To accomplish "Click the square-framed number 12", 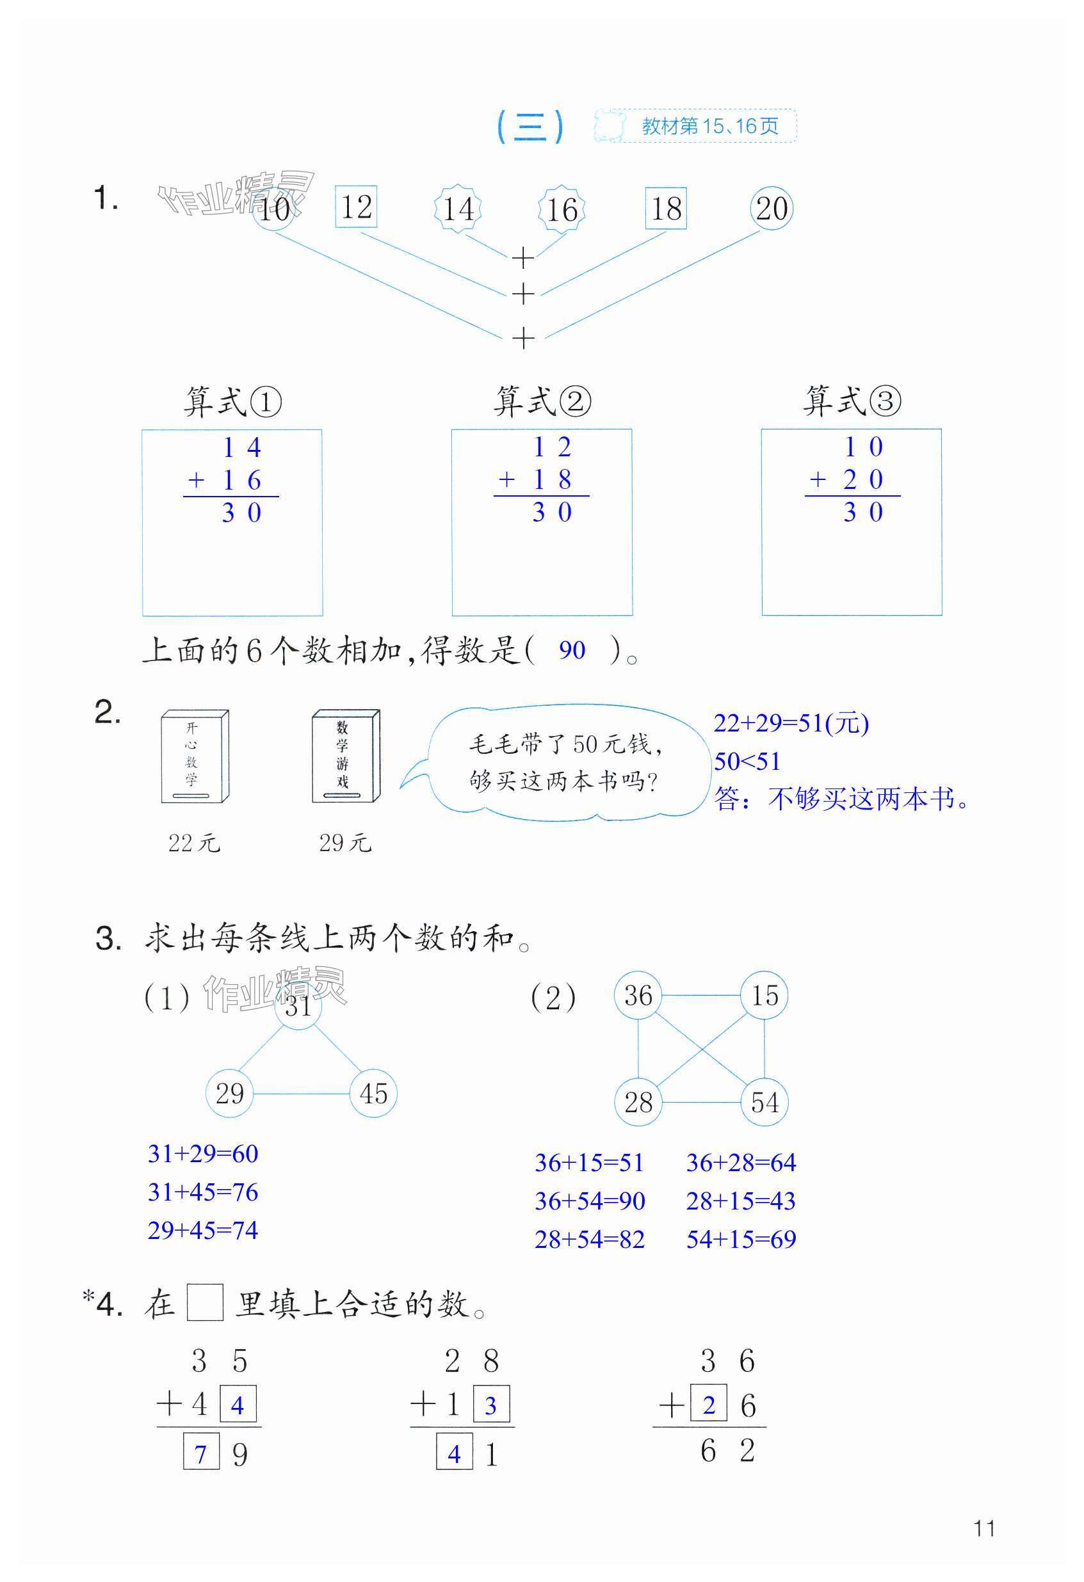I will pos(356,207).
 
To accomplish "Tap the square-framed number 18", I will pos(665,208).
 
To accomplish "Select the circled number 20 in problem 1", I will pos(771,208).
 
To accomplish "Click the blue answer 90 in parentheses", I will pos(572,650).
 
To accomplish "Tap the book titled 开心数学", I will pos(195,756).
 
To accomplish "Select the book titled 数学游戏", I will pos(345,756).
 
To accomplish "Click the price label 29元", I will pos(345,843).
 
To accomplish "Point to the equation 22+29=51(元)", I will pos(791,723).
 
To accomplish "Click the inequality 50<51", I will pos(747,761).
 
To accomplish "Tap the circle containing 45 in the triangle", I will pos(373,1093).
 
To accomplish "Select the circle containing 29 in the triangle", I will pos(229,1093).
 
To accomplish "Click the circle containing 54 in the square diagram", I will pos(764,1102).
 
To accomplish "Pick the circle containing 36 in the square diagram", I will pos(638,995).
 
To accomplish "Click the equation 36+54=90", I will pos(590,1201).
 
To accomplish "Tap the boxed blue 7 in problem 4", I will pos(201,1455).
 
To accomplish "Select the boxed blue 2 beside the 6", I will pos(708,1405).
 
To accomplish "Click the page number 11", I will pos(984,1529).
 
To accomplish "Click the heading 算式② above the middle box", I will pos(542,401).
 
